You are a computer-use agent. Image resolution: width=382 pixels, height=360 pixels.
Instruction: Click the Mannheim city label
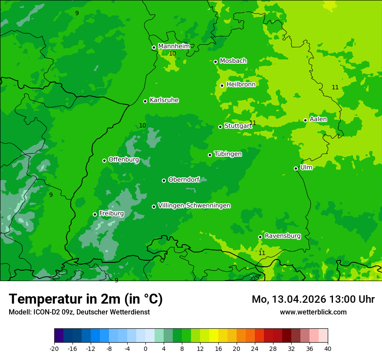(174, 46)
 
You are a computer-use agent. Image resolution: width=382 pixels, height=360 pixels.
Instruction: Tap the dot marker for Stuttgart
(220, 127)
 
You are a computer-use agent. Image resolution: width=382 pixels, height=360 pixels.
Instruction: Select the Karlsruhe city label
(164, 100)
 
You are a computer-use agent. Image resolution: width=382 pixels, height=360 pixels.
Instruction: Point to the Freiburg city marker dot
(95, 214)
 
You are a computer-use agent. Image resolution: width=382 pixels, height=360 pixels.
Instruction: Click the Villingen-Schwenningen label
(194, 206)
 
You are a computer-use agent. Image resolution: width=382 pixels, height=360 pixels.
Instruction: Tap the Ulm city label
(306, 167)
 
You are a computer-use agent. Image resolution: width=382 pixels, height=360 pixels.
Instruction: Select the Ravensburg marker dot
(260, 237)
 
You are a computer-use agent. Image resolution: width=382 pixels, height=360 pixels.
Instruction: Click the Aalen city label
(318, 119)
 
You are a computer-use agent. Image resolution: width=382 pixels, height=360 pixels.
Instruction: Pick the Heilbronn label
(240, 85)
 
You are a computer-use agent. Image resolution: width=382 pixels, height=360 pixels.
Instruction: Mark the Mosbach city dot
(215, 62)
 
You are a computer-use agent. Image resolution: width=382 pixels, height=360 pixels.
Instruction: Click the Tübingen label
(227, 154)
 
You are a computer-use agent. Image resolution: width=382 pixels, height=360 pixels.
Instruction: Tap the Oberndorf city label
(184, 180)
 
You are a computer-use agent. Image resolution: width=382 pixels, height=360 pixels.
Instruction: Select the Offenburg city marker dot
(104, 160)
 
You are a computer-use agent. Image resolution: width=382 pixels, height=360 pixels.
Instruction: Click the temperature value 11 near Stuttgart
(253, 123)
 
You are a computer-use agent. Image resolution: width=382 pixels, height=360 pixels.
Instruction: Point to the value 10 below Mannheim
(172, 53)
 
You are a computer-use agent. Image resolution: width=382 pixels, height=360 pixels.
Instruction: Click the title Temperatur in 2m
(86, 299)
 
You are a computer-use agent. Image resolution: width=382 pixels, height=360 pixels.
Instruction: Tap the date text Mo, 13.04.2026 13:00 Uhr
(313, 299)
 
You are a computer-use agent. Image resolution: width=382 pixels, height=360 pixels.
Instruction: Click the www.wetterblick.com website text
(313, 312)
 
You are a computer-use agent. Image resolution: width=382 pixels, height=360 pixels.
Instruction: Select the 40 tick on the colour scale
(327, 348)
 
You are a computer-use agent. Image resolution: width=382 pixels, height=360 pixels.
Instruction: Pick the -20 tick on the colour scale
(54, 348)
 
